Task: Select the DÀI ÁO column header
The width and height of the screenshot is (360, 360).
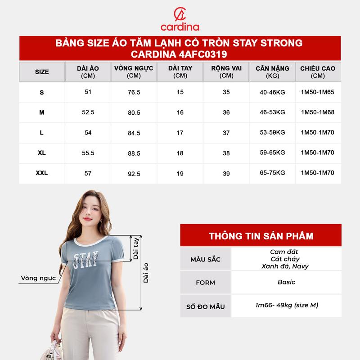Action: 88,72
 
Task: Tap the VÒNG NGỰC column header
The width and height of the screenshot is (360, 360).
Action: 134,72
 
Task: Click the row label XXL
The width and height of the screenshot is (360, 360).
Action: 42,173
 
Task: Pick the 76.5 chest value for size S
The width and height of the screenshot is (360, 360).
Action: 134,92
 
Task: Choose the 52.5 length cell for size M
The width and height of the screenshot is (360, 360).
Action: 88,112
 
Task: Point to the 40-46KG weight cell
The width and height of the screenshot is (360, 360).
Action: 272,92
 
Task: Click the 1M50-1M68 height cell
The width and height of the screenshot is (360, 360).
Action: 318,112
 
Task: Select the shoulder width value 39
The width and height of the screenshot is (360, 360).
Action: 226,173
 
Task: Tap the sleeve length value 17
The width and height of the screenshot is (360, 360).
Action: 180,133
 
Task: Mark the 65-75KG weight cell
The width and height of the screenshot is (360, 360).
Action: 272,173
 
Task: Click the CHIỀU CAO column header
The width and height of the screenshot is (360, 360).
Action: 318,72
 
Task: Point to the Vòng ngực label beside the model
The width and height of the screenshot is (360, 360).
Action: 38,279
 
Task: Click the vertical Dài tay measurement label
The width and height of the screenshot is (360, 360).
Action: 136,249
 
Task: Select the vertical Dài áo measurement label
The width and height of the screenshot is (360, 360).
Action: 146,273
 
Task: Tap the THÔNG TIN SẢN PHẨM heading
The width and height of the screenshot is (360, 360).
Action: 261,236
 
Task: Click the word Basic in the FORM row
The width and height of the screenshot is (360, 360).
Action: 286,282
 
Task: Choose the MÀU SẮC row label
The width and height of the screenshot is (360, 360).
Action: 206,260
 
